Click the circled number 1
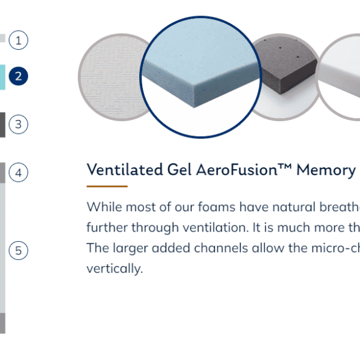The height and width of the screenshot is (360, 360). tap(19, 40)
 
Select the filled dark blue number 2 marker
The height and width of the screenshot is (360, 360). tap(19, 76)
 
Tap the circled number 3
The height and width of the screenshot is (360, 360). tap(19, 124)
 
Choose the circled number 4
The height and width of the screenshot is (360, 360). tap(19, 172)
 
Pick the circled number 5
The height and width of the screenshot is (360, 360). tap(19, 250)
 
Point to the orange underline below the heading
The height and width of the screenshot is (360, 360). tap(107, 187)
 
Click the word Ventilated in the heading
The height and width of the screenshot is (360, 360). tap(125, 170)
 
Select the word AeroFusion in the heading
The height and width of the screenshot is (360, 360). tap(236, 170)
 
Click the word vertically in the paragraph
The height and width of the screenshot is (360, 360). tap(115, 269)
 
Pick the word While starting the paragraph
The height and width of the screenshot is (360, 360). tap(104, 206)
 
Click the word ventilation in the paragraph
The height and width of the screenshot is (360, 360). tap(215, 227)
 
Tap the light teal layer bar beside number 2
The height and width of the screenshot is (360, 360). tap(2, 77)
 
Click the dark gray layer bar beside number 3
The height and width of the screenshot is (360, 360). tap(2, 125)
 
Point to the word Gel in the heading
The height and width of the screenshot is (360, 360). tap(179, 170)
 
